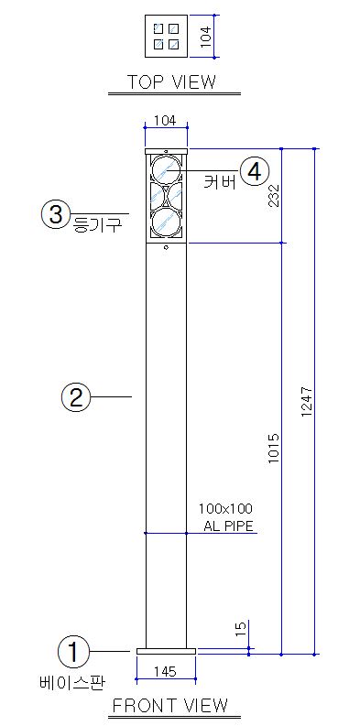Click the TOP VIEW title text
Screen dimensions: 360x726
click(x=171, y=82)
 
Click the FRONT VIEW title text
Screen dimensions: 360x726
click(x=170, y=705)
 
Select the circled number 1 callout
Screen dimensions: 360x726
click(x=73, y=652)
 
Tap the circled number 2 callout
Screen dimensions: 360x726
click(x=75, y=397)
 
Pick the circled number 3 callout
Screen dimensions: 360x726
click(x=56, y=214)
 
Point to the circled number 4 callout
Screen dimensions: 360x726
click(x=255, y=171)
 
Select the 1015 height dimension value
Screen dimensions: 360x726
click(x=274, y=449)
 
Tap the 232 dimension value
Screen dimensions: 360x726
click(x=273, y=195)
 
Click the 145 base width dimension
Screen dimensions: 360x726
click(x=165, y=671)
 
